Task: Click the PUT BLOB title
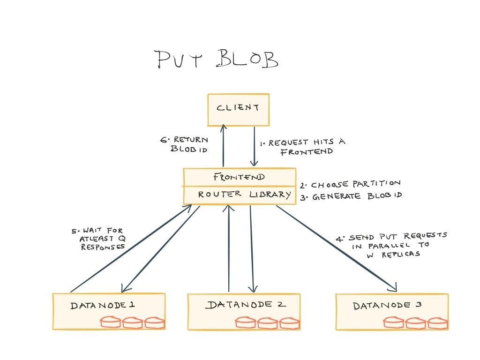(x=217, y=59)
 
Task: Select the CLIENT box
(x=239, y=110)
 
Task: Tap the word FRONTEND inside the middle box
(x=239, y=177)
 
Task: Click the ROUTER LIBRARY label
(x=244, y=195)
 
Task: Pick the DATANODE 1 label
(x=103, y=305)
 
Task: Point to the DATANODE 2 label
(x=246, y=305)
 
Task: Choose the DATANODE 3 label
(x=387, y=305)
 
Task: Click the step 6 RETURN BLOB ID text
(x=184, y=144)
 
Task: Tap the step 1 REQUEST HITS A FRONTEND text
(x=302, y=147)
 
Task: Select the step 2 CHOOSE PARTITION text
(x=350, y=184)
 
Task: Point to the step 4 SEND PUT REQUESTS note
(x=391, y=245)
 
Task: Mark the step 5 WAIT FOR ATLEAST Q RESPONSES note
(x=98, y=239)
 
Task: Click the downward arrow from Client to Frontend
(x=254, y=146)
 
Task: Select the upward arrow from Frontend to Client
(x=224, y=146)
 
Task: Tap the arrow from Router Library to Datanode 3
(x=337, y=248)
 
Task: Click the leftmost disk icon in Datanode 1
(x=110, y=322)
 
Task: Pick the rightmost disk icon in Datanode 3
(x=437, y=323)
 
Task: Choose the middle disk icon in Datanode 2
(x=267, y=323)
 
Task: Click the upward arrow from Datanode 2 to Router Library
(x=229, y=248)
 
